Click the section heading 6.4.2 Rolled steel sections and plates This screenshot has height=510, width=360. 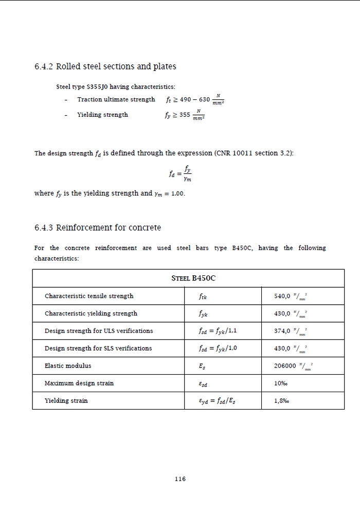[105, 66]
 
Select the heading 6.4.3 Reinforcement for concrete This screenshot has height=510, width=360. [98, 227]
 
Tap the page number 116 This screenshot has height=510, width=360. [179, 479]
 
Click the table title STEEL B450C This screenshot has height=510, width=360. [193, 278]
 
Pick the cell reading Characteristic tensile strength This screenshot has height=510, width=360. [89, 296]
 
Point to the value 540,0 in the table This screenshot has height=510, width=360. [284, 296]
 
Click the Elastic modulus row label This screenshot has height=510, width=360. [68, 366]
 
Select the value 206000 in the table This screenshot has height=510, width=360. [286, 366]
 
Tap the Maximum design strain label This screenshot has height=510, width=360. [79, 383]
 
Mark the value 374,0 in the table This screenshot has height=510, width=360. [284, 331]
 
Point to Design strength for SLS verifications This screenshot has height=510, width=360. [98, 348]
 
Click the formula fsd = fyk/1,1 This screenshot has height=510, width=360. [217, 331]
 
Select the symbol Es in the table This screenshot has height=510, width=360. [202, 366]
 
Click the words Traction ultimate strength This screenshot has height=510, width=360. [116, 99]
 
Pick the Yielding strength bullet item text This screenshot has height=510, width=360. [102, 115]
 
